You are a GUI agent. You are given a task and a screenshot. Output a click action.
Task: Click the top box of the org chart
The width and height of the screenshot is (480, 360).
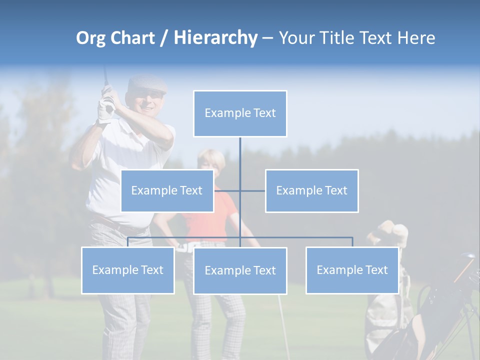pyautogui.click(x=240, y=113)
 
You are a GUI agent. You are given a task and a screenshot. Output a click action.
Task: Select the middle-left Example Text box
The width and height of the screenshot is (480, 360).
pyautogui.click(x=167, y=190)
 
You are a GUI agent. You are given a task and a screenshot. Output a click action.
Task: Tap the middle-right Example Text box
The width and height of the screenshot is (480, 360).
pyautogui.click(x=311, y=190)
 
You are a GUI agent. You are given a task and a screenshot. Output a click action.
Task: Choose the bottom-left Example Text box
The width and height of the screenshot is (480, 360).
pyautogui.click(x=127, y=270)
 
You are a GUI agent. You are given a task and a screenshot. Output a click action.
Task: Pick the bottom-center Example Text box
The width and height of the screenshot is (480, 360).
pyautogui.click(x=240, y=270)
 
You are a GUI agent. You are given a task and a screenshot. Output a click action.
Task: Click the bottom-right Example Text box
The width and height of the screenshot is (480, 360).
pyautogui.click(x=352, y=270)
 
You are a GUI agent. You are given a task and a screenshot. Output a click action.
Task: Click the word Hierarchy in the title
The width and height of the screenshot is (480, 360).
pyautogui.click(x=215, y=38)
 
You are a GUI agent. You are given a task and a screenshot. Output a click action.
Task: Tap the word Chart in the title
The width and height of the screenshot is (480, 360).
pyautogui.click(x=132, y=38)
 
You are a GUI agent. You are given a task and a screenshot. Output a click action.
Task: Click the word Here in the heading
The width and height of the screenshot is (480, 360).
pyautogui.click(x=416, y=38)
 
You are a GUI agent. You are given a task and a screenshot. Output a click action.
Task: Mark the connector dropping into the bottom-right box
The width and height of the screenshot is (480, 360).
pyautogui.click(x=352, y=242)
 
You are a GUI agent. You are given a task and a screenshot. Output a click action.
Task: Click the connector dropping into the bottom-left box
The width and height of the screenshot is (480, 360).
pyautogui.click(x=127, y=242)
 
